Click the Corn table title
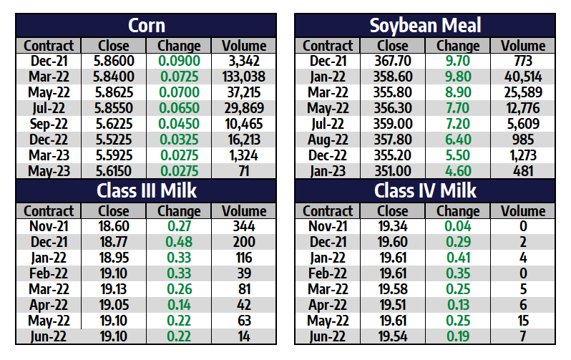tap(146, 26)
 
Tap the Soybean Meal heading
tap(425, 26)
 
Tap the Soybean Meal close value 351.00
tap(392, 172)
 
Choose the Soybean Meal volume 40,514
tap(523, 77)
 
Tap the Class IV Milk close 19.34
tap(392, 227)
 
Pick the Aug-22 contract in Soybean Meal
tap(328, 140)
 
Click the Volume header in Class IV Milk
tap(523, 211)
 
